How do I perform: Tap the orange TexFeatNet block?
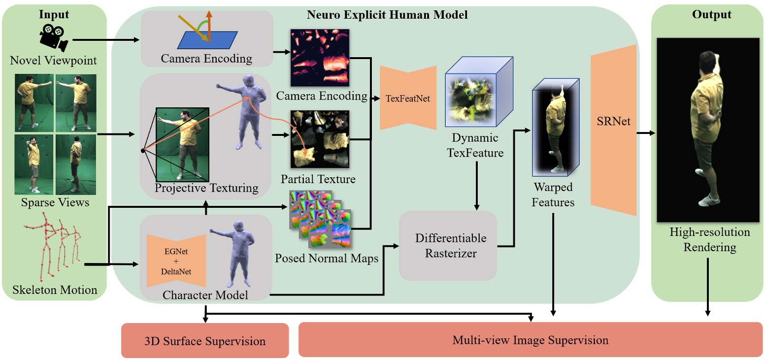(x=408, y=98)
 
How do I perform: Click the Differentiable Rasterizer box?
(x=448, y=245)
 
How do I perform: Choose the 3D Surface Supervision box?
(x=204, y=341)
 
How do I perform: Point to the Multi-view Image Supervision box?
(x=530, y=340)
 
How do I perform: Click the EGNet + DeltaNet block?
(x=176, y=260)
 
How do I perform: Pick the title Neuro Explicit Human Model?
(x=387, y=15)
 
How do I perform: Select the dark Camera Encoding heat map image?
(x=320, y=57)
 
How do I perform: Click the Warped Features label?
(x=553, y=195)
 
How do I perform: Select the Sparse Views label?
(x=55, y=202)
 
